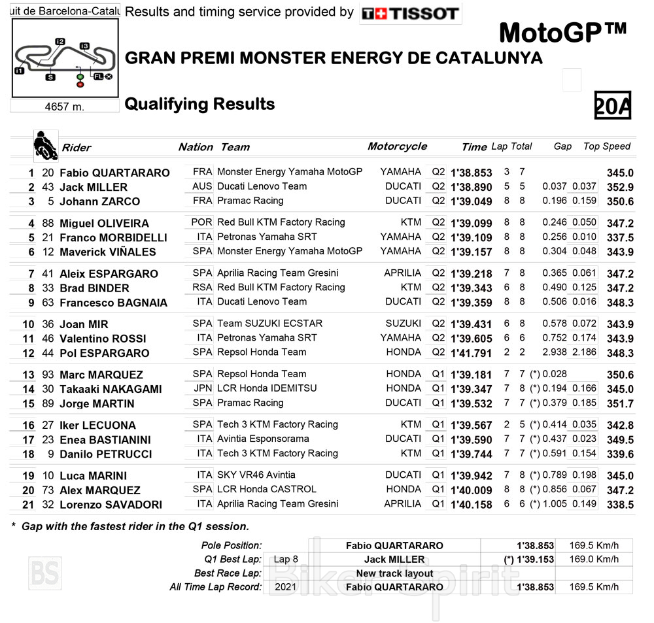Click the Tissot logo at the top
[411, 13]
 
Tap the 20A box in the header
[612, 105]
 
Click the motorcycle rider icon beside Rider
[45, 146]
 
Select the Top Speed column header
[606, 146]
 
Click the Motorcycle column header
[397, 146]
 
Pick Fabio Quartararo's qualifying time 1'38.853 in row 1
[471, 173]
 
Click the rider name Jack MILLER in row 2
[94, 187]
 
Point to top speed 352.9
[620, 187]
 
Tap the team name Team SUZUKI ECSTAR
[269, 324]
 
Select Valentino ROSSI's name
[103, 339]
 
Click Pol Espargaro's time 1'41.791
[471, 353]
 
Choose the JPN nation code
[202, 388]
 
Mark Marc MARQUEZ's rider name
[101, 375]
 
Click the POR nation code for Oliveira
[201, 222]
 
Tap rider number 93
[47, 375]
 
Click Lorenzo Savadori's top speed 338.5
[620, 505]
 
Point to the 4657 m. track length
[64, 107]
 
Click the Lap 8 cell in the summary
[286, 560]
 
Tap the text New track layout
[394, 573]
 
